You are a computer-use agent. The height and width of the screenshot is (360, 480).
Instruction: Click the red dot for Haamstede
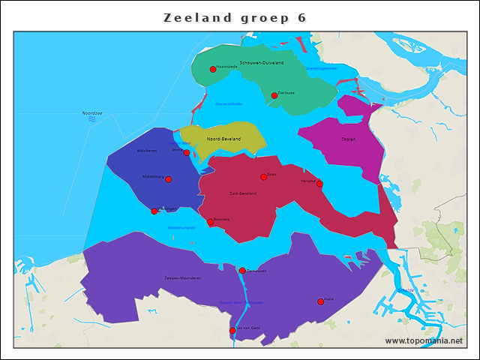[x=213, y=69]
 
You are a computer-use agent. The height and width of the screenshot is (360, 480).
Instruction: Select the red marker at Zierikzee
[x=274, y=95]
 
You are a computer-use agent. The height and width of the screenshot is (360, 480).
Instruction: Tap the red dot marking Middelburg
[x=169, y=179]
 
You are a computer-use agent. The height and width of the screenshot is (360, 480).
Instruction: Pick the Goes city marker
[x=263, y=177]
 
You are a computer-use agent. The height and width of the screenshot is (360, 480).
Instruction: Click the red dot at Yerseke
[x=319, y=184]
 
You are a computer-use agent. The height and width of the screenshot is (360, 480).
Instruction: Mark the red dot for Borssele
[x=211, y=222]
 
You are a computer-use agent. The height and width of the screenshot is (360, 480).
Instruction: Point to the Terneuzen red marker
[x=242, y=270]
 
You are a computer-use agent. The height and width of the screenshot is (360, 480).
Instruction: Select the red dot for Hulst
[x=321, y=301]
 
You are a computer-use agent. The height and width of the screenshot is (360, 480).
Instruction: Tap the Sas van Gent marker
[x=232, y=330]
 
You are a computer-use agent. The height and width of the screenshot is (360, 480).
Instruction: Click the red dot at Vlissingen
[x=154, y=211]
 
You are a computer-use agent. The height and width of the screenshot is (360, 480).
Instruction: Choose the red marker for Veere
[x=187, y=152]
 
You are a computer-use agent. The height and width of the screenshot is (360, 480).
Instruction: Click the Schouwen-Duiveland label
[x=261, y=63]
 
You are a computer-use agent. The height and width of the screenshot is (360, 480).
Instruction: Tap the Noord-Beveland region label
[x=223, y=139]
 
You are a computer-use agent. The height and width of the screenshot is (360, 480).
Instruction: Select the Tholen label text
[x=349, y=139]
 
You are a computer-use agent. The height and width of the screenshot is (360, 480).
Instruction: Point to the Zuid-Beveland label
[x=242, y=193]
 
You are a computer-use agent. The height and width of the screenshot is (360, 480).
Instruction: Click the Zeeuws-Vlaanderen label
[x=183, y=278]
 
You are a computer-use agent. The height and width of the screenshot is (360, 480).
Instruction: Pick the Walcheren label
[x=147, y=151]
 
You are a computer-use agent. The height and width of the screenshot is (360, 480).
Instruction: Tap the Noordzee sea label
[x=92, y=113]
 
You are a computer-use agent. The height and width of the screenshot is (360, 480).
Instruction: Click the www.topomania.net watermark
[x=424, y=340]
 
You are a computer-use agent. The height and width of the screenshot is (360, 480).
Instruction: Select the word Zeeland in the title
[x=197, y=18]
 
